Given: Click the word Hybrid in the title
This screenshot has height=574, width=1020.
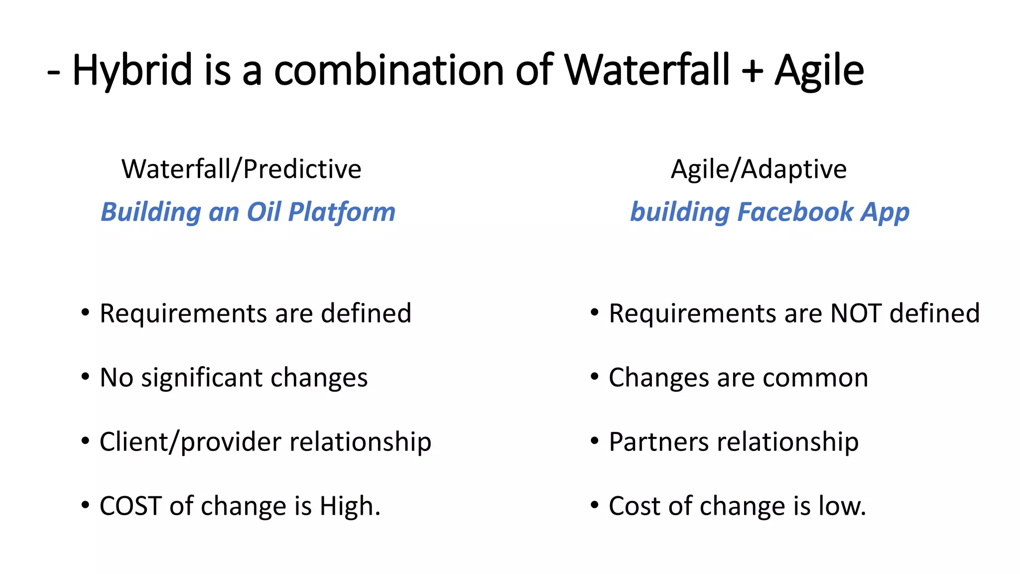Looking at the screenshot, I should pos(132,71).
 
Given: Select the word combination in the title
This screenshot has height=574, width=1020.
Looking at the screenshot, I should pos(389,71).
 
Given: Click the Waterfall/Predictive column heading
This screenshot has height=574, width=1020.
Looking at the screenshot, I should pos(242,169).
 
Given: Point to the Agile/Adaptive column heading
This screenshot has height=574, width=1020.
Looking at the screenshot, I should pos(759,169).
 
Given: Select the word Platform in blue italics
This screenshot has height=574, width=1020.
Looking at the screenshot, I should pos(342,212).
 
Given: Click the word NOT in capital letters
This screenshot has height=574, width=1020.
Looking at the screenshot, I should pos(856,313).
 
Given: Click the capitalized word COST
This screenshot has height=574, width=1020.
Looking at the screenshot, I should pos(130,506).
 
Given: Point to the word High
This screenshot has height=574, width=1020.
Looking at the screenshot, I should pos(350,506).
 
